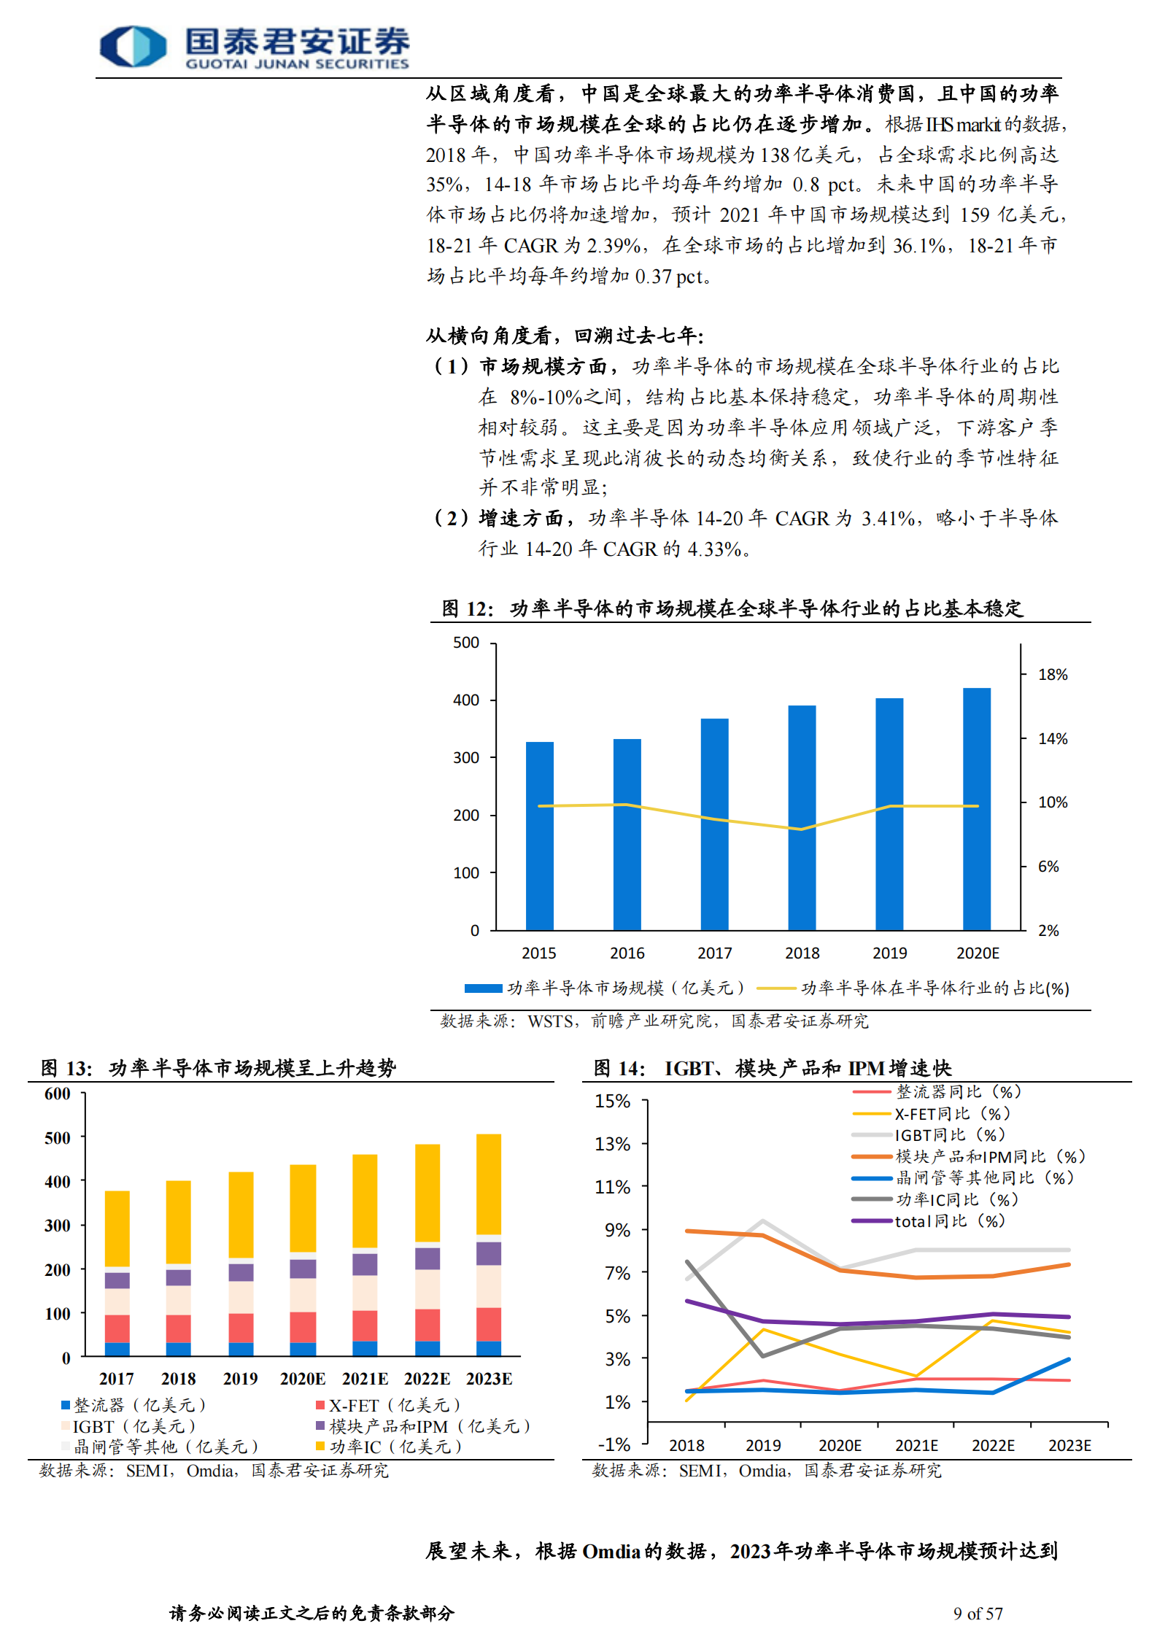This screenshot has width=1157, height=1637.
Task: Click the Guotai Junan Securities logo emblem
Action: [133, 47]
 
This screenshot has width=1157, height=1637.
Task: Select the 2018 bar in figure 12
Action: [802, 817]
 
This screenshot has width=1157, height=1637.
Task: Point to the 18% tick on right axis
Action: [1052, 675]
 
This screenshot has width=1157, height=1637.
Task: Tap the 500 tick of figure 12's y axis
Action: [466, 643]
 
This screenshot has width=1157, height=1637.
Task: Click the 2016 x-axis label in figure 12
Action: [627, 953]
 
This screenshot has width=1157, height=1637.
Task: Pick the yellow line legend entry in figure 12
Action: [912, 988]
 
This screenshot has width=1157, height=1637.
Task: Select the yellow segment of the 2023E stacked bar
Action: [489, 1183]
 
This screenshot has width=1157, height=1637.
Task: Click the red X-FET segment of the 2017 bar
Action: [117, 1328]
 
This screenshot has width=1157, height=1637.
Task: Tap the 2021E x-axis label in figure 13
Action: [365, 1379]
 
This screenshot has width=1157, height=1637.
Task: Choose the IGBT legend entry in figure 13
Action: [128, 1426]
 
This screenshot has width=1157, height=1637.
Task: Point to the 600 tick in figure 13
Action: [58, 1094]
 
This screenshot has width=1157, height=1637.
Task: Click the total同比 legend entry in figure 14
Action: [948, 1221]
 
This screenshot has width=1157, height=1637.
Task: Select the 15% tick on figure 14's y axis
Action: [613, 1101]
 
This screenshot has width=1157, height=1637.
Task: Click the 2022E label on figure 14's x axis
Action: [993, 1445]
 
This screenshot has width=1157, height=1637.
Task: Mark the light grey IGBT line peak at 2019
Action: [763, 1220]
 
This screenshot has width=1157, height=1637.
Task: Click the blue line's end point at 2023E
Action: [1069, 1359]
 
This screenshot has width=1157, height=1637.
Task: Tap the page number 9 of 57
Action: [978, 1613]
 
